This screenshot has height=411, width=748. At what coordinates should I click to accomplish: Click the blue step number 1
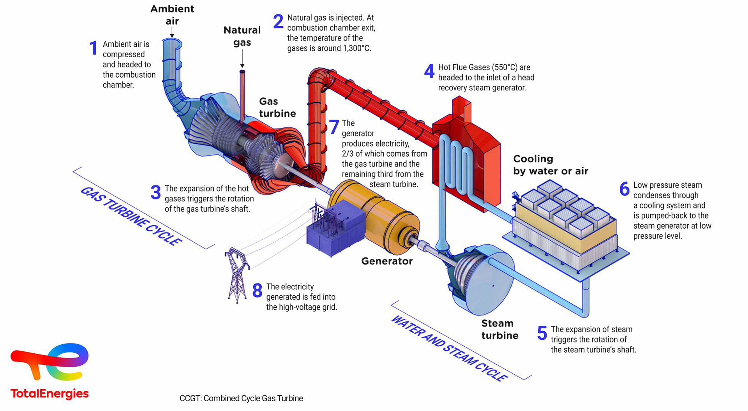93,48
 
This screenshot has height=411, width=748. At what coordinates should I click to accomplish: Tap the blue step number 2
278,21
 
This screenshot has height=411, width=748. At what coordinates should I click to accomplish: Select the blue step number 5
542,333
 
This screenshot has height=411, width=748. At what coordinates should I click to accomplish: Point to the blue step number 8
257,291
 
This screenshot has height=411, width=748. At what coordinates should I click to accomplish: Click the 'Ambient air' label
172,15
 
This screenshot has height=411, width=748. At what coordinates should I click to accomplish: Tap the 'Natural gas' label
242,36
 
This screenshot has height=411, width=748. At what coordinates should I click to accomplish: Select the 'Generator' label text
386,261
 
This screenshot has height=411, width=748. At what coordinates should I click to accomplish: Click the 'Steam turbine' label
499,329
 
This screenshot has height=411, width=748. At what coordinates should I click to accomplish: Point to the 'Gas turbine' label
277,108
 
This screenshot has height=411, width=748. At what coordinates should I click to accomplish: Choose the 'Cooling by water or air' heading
550,165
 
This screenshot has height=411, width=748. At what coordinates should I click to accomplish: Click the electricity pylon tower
237,275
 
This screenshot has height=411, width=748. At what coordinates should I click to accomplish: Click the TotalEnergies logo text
49,393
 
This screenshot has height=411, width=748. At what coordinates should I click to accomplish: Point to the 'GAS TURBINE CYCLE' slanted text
131,216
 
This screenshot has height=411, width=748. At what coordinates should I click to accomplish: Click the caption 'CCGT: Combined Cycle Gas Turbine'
241,398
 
